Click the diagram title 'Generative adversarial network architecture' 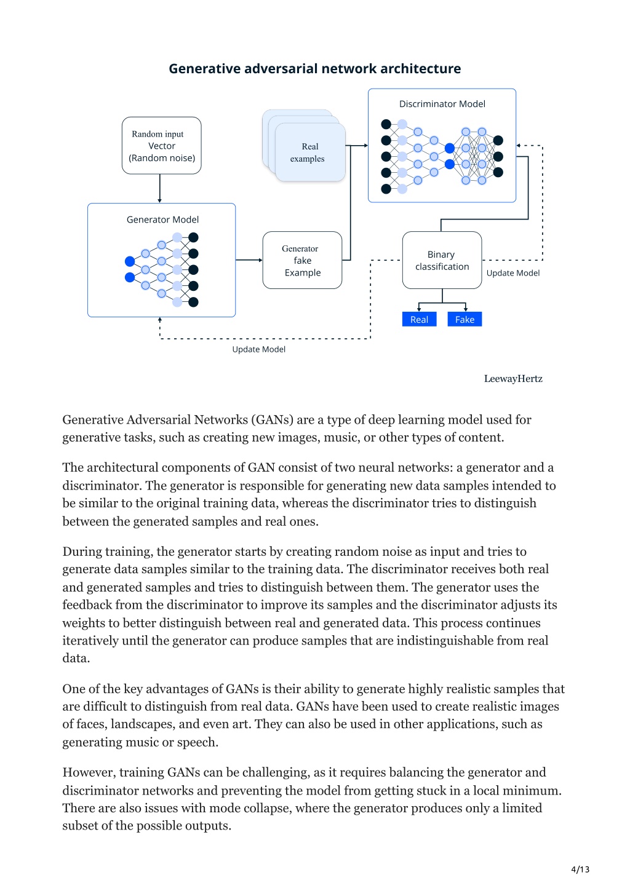pyautogui.click(x=315, y=69)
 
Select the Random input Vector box pyautogui.click(x=162, y=146)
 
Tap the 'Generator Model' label pyautogui.click(x=162, y=220)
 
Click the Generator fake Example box pyautogui.click(x=303, y=260)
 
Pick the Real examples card pyautogui.click(x=310, y=152)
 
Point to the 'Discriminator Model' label pyautogui.click(x=442, y=104)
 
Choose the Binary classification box pyautogui.click(x=442, y=260)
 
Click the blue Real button pyautogui.click(x=420, y=319)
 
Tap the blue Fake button pyautogui.click(x=465, y=319)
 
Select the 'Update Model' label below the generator pyautogui.click(x=258, y=349)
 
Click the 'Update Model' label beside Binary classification pyautogui.click(x=513, y=273)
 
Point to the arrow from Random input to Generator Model pyautogui.click(x=159, y=189)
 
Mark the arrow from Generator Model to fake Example pyautogui.click(x=249, y=260)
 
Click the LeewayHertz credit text pyautogui.click(x=513, y=379)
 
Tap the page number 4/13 pyautogui.click(x=580, y=869)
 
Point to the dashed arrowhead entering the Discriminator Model pyautogui.click(x=518, y=146)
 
